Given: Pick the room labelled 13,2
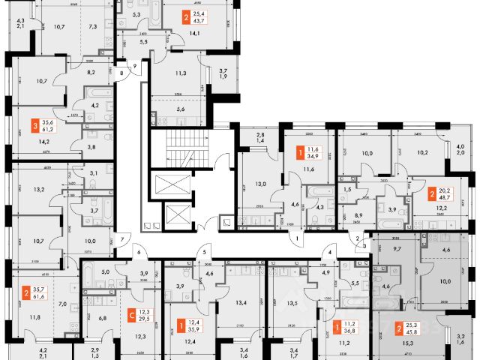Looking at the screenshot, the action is pyautogui.click(x=39, y=190).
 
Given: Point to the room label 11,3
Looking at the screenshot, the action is pyautogui.click(x=180, y=73).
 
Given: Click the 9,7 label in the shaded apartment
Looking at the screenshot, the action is pyautogui.click(x=397, y=247).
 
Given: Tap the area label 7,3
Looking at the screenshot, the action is pyautogui.click(x=91, y=26).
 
